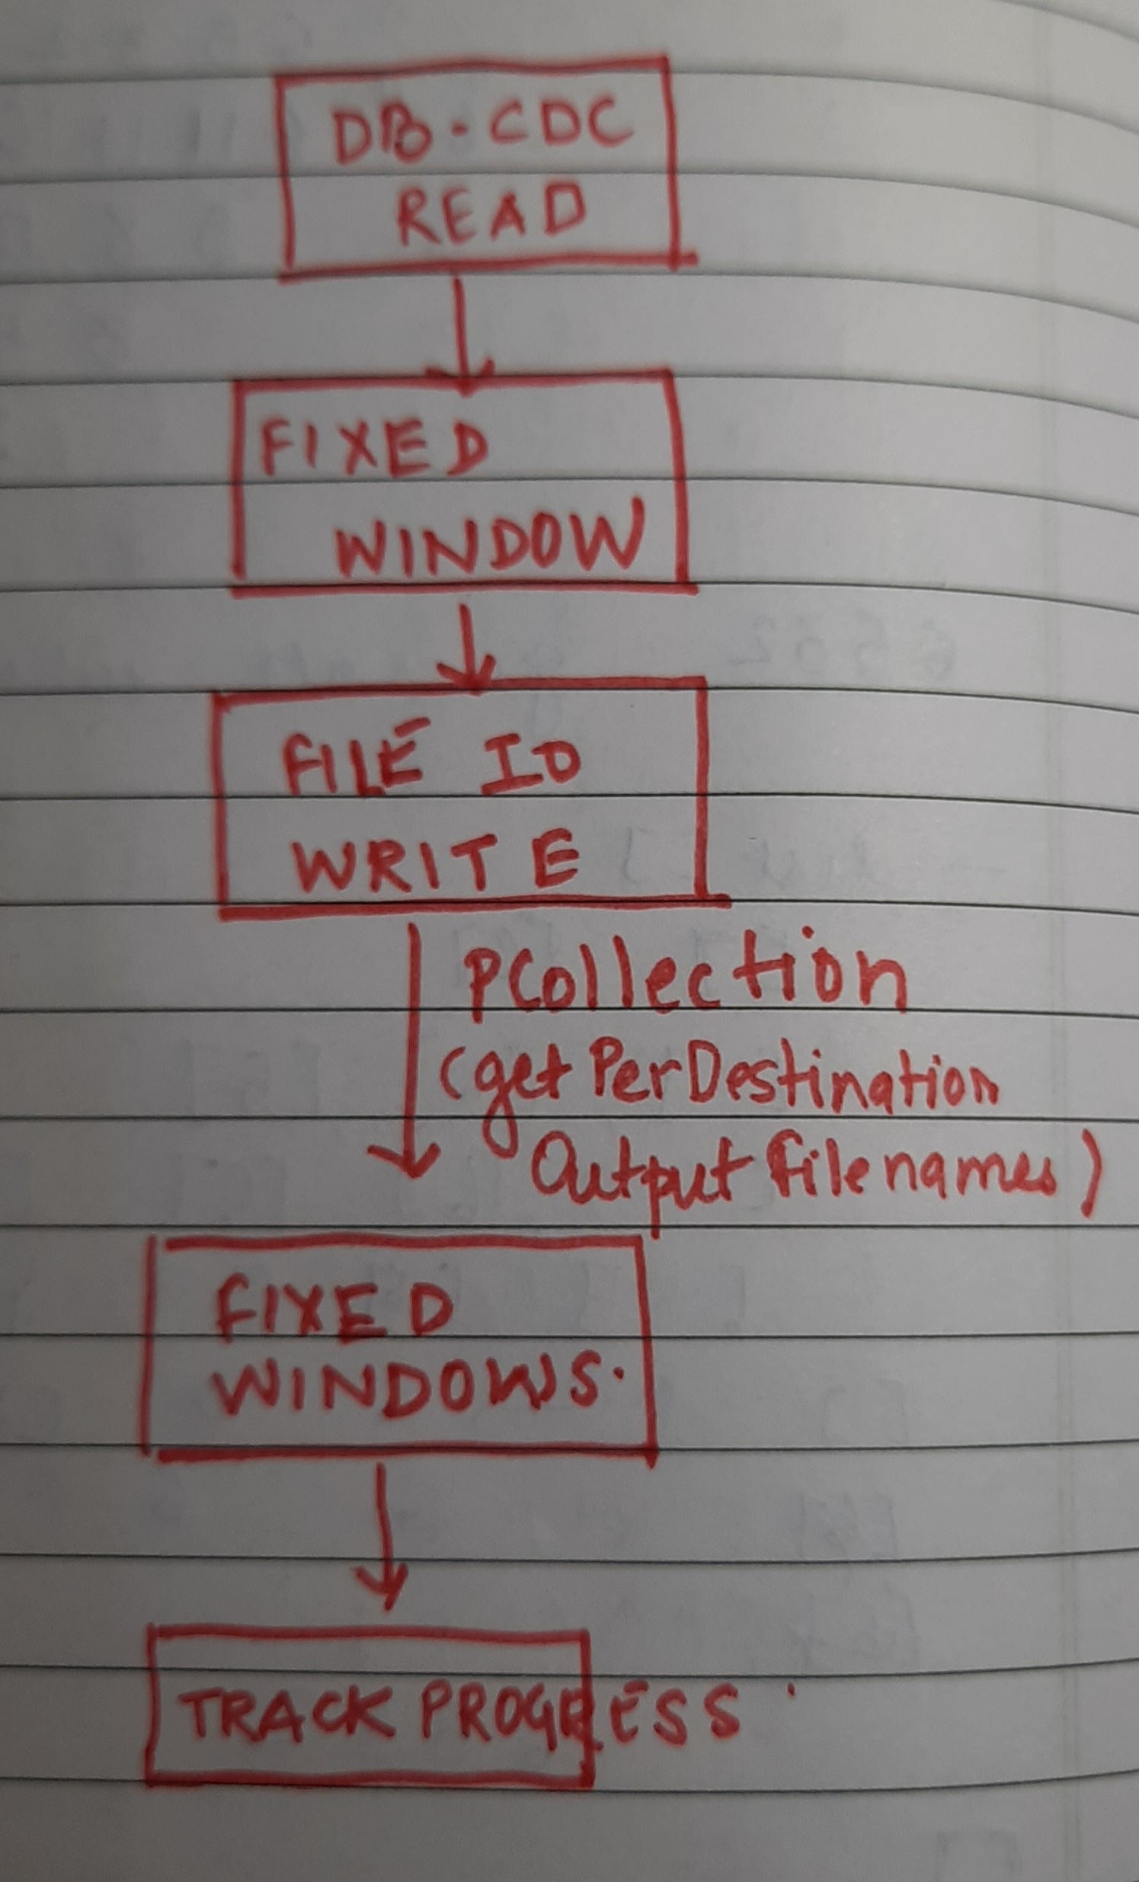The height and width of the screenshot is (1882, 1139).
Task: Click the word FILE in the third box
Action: tap(350, 763)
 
